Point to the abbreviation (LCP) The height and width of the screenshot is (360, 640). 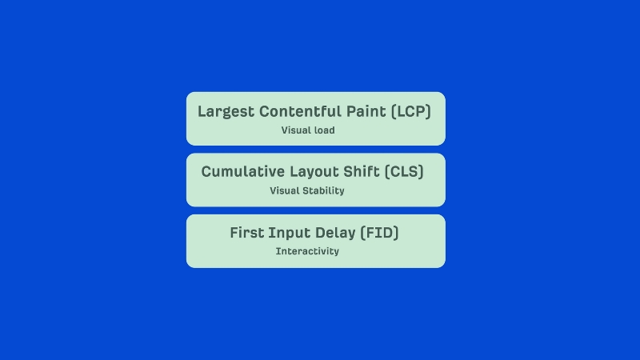411,112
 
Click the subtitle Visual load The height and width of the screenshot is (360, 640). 308,130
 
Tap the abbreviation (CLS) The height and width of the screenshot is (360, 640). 404,172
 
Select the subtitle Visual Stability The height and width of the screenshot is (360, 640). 307,191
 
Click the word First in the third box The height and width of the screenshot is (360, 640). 247,234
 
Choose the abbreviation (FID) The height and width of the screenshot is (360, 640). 380,234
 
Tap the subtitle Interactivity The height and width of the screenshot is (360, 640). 307,251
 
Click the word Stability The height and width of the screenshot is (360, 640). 322,191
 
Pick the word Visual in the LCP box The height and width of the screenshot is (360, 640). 295,130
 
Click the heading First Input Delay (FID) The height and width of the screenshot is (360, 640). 314,234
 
